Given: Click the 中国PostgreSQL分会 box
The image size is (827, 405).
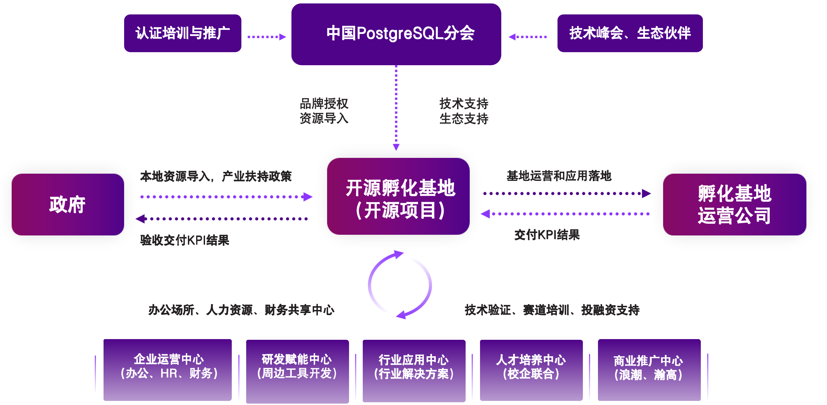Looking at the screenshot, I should point(396,34).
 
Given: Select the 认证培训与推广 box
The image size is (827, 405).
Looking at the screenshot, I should point(182,33).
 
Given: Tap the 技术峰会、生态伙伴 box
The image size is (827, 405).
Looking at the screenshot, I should point(630,33).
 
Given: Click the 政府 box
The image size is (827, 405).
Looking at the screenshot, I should point(68,205).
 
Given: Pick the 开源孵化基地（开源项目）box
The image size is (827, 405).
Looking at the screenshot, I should point(398,197).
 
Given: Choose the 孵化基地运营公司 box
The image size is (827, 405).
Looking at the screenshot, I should point(734,205).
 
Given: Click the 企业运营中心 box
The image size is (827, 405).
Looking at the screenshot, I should point(168,370).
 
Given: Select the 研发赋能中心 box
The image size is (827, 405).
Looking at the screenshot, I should point(297,371).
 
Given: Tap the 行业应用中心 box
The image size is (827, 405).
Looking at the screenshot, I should point(414,371).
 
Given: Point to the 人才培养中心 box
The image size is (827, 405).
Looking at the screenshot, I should point(531,370).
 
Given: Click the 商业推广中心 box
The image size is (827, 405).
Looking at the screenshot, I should point(649,370).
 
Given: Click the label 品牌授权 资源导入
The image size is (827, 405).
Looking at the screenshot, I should point(324,111).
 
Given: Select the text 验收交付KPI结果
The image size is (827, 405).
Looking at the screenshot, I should point(184,240).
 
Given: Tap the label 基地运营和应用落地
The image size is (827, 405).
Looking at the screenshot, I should point(559,176).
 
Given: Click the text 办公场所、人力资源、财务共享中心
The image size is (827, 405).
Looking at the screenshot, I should point(241,310).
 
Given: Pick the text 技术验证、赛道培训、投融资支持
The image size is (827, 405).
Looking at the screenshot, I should point(552,310).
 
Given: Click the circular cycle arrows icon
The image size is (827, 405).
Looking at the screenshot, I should point(400,285).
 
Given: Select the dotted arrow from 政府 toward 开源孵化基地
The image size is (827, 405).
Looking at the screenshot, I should point(226,197).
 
